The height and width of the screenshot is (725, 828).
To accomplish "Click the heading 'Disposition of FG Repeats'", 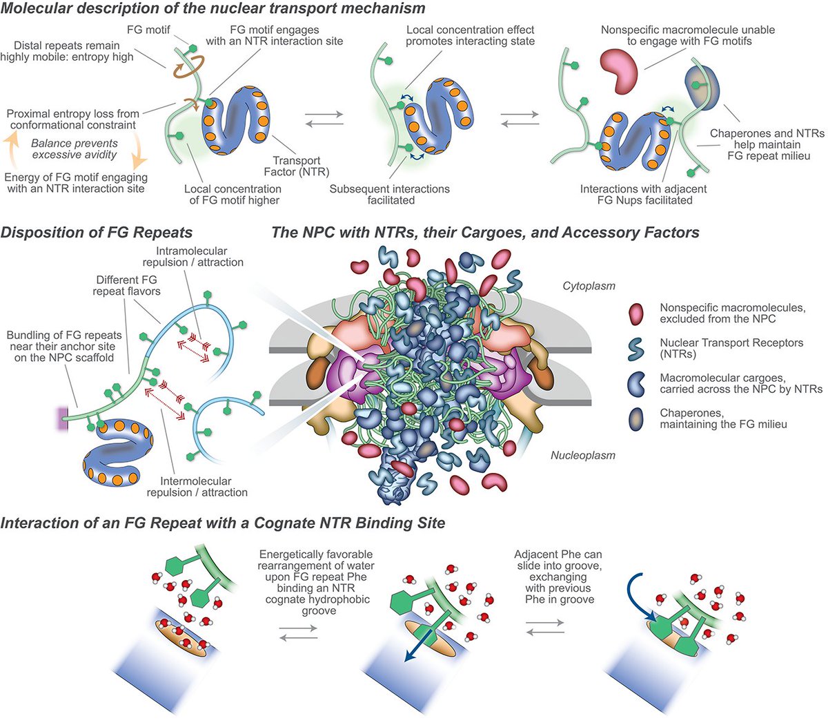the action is coord(97,233).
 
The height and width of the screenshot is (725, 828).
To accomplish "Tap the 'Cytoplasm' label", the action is coord(589,286).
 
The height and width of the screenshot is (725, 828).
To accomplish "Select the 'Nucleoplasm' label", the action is coord(583,455).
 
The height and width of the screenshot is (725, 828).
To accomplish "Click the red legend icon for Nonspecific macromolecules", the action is coord(635,314).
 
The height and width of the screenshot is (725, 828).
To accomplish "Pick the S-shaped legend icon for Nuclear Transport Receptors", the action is coord(635,349).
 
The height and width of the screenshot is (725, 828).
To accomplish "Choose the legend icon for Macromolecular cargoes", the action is coord(636,384).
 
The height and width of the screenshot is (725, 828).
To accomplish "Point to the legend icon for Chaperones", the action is coord(636,419).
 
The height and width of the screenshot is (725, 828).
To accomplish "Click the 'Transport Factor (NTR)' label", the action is coord(297,166).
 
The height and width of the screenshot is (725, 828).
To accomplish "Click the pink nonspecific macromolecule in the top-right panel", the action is coord(618,69).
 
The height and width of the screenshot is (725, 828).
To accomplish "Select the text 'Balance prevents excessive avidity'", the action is coord(75,148).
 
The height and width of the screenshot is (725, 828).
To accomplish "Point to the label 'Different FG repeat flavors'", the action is coord(126,286).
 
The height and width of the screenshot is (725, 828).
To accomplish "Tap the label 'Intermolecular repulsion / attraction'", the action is coord(197,486).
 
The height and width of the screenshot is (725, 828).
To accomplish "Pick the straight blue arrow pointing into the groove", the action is coord(421,646).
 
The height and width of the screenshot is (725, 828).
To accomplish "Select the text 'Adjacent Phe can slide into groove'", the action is coord(559,560).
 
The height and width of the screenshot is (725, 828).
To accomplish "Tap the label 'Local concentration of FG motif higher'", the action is coord(233,195).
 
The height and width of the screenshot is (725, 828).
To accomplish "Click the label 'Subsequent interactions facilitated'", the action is coord(390,195).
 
